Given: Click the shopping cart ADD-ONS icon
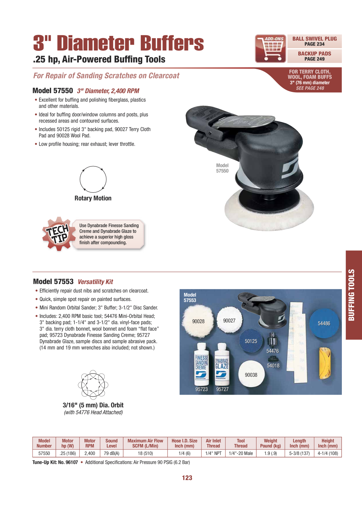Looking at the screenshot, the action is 271,49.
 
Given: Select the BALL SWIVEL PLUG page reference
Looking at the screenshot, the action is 314,41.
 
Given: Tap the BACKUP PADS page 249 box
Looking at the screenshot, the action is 314,56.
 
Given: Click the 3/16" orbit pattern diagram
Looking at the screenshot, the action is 93,385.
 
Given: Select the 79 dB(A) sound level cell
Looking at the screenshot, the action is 112,453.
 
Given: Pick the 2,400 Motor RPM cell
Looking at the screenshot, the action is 90,453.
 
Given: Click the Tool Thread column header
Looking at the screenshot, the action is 241,443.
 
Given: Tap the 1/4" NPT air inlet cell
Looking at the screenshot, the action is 213,453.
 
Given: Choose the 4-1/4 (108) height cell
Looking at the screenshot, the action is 328,453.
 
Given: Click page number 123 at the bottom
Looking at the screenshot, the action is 187,478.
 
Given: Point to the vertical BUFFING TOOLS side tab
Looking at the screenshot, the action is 354,295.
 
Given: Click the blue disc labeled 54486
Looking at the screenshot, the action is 324,323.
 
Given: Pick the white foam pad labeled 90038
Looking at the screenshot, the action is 251,375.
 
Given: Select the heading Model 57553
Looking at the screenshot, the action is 53,281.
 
